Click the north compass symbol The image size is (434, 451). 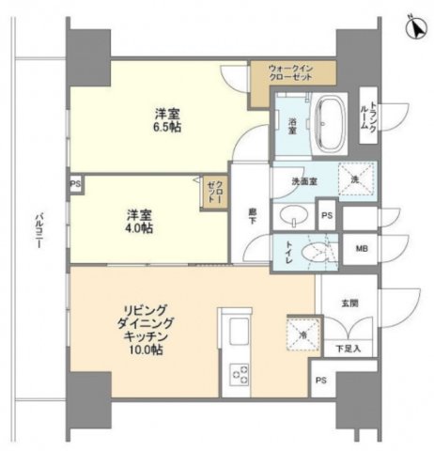tap(412, 27)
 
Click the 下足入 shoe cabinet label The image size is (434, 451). tap(350, 349)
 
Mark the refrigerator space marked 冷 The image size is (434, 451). tap(292, 332)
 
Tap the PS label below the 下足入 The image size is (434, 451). tap(322, 381)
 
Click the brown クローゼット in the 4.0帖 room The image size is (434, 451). tap(213, 192)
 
